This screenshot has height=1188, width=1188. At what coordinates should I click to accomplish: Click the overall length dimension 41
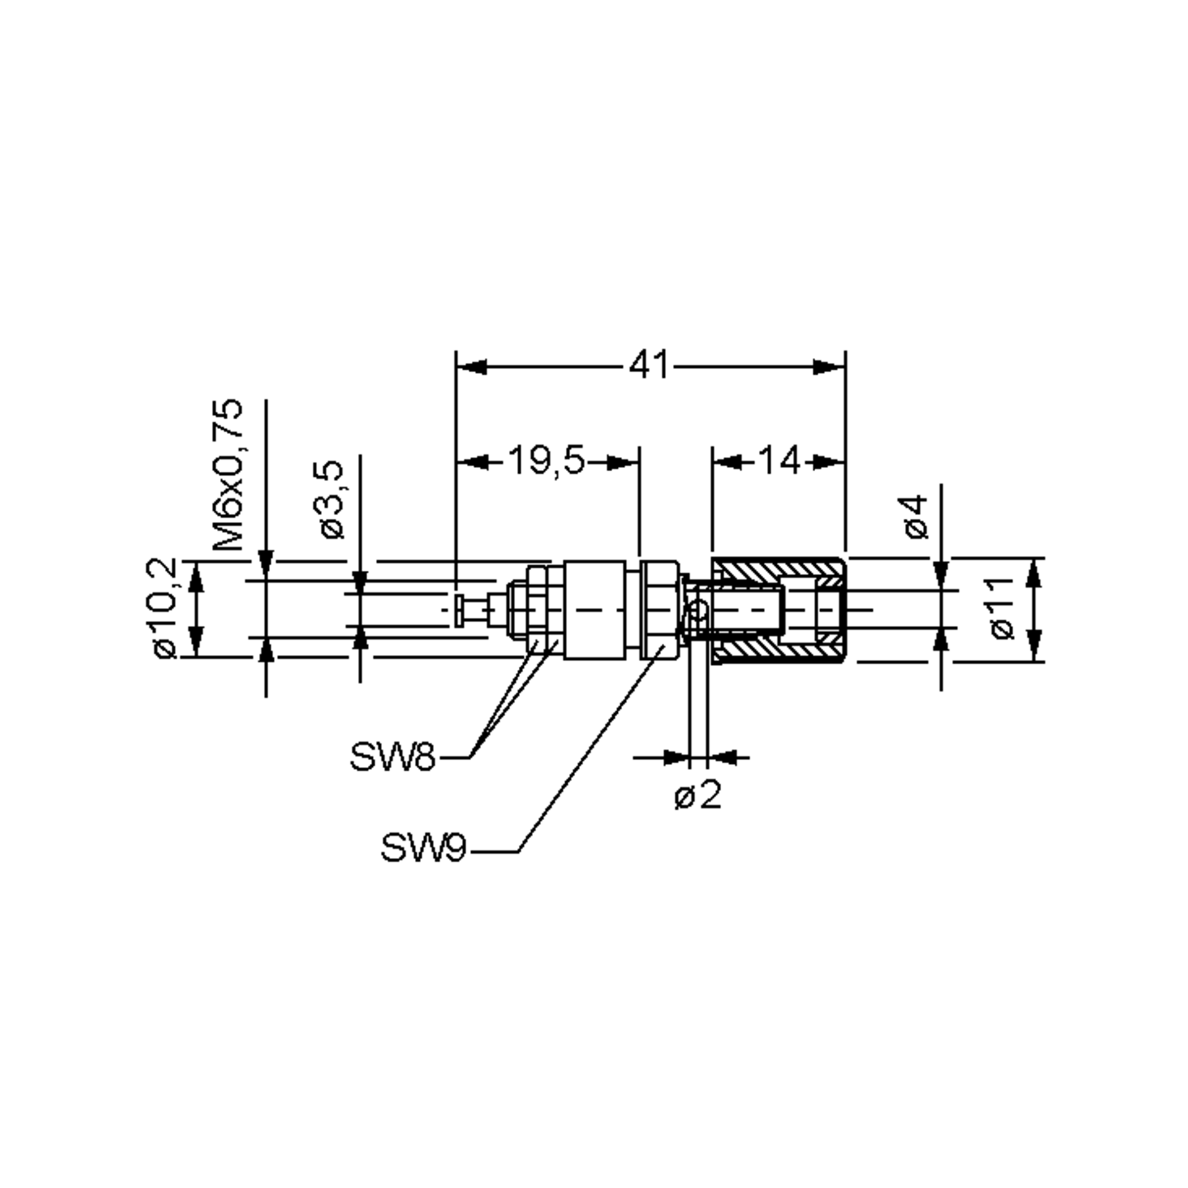pos(649,366)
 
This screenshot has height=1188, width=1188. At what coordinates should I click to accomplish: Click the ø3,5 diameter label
pos(332,499)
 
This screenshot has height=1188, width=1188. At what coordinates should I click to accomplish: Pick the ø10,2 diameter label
pos(165,608)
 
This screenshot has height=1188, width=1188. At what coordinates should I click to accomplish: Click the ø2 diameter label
pos(697,796)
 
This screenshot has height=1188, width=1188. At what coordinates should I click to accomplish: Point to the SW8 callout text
pos(393,756)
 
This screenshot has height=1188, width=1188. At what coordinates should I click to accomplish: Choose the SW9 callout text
pos(423,848)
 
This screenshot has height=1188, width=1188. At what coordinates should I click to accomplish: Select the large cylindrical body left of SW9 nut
pos(594,609)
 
